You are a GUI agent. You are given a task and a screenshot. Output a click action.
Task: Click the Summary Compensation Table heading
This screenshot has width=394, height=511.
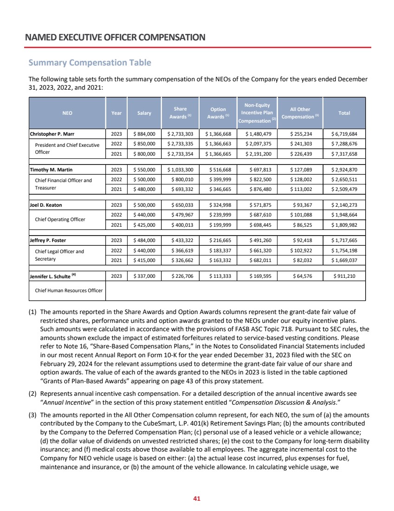[90, 62]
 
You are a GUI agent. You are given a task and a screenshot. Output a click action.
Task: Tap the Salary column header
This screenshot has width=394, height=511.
[144, 113]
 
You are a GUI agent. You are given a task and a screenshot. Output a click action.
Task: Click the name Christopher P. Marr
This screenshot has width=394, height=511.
[52, 134]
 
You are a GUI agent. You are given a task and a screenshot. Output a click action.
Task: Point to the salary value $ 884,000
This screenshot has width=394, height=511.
[144, 134]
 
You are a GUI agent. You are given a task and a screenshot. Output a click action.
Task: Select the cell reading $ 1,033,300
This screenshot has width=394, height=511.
[180, 169]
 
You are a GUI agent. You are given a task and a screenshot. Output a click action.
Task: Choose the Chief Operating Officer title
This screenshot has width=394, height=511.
[60, 219]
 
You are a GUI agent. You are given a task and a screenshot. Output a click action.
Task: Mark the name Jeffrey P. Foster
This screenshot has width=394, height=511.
[48, 240]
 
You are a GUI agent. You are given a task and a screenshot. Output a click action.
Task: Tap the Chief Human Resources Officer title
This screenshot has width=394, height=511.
[68, 291]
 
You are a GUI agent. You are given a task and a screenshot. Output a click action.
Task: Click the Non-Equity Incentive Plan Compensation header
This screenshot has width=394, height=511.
[257, 113]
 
